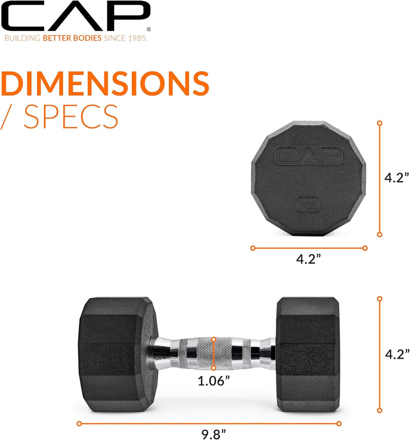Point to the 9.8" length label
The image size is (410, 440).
pyautogui.click(x=210, y=434)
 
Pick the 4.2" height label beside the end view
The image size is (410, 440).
pyautogui.click(x=397, y=178)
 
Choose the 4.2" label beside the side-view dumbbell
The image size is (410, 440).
pyautogui.click(x=397, y=354)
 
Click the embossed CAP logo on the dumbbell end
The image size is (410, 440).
pyautogui.click(x=308, y=156)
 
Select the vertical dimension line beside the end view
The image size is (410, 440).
pyautogui.click(x=380, y=179)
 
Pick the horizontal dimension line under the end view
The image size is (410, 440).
pyautogui.click(x=308, y=248)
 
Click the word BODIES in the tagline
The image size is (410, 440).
pyautogui.click(x=87, y=38)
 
